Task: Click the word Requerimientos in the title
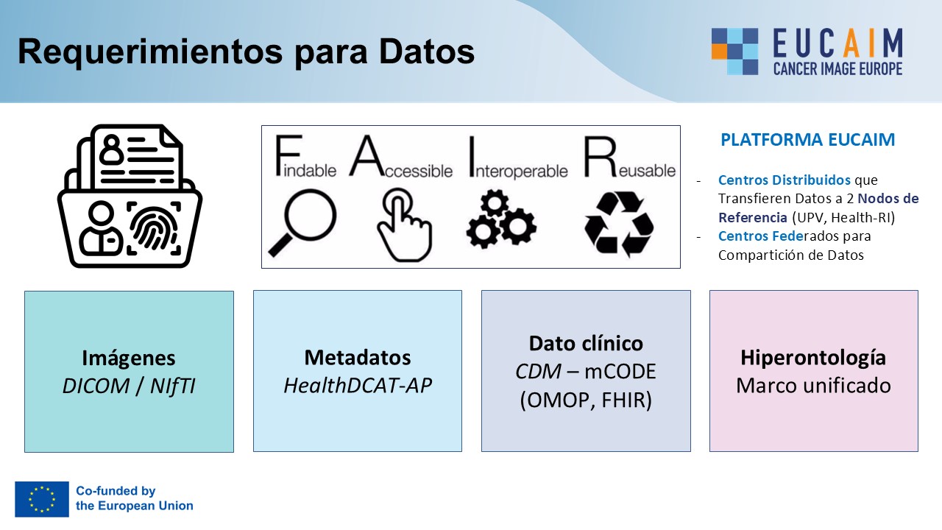(x=150, y=52)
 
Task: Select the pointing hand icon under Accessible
(x=405, y=225)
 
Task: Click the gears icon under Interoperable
(x=501, y=219)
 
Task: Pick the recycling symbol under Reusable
(x=619, y=223)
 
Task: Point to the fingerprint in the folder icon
(x=154, y=227)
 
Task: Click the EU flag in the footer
(x=42, y=499)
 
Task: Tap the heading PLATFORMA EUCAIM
(x=808, y=140)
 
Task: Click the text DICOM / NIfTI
(x=129, y=386)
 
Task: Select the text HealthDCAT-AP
(x=358, y=385)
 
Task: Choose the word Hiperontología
(x=813, y=358)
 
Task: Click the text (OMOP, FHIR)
(x=586, y=400)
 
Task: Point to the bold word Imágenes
(x=129, y=358)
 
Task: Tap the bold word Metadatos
(x=358, y=358)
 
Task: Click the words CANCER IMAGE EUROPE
(x=837, y=68)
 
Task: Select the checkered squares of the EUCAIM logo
(x=734, y=52)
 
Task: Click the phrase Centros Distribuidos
(x=785, y=180)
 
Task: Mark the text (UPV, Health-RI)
(x=843, y=217)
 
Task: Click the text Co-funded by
(x=116, y=491)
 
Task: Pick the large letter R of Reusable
(x=600, y=157)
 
